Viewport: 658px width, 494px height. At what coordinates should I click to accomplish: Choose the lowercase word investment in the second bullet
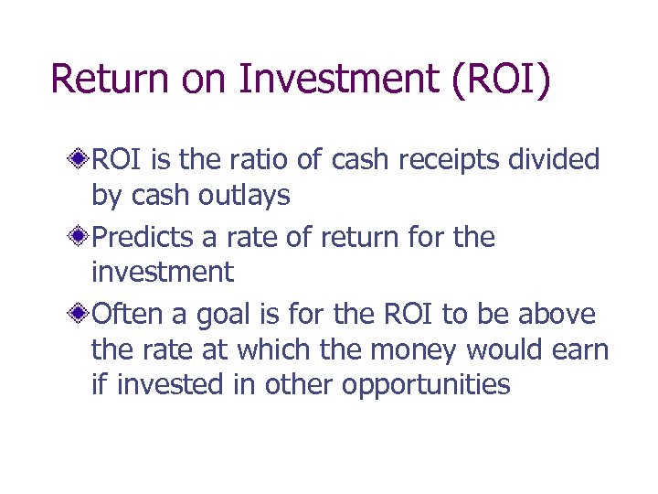163,272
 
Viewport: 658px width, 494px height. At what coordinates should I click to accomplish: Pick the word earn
579,350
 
